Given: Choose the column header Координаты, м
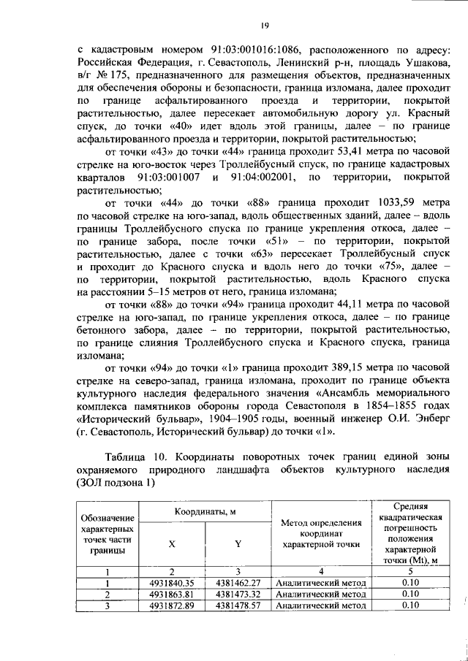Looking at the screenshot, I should pyautogui.click(x=205, y=511).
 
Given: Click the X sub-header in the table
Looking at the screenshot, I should pyautogui.click(x=172, y=544).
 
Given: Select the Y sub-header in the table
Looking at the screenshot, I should pyautogui.click(x=238, y=544).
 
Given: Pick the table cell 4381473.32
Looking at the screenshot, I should pyautogui.click(x=238, y=595).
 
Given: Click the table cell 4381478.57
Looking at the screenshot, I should pyautogui.click(x=238, y=605).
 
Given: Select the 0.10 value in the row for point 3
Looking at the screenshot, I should pyautogui.click(x=409, y=605).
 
